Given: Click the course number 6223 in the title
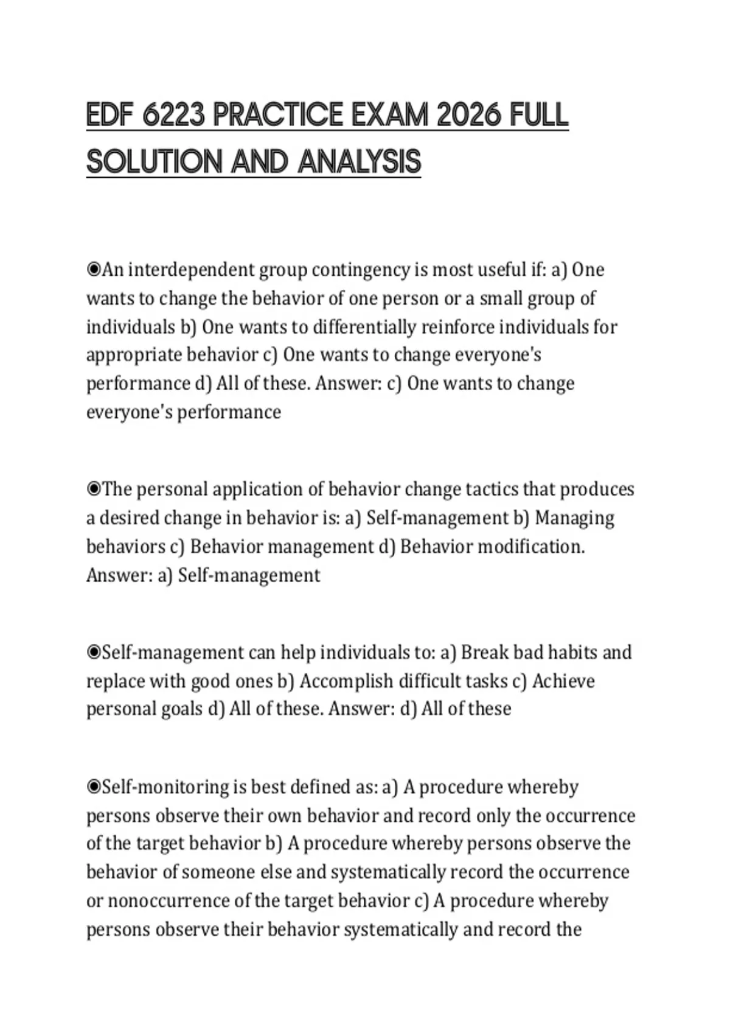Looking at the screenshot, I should [173, 116].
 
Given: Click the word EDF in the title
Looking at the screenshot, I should [109, 116].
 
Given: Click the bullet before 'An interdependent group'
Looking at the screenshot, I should [94, 269].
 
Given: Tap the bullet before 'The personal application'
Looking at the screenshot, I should [94, 489].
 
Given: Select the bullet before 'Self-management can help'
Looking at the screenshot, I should [94, 652].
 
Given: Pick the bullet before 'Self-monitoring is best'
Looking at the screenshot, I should [94, 787].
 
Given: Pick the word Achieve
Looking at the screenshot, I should [563, 681].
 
